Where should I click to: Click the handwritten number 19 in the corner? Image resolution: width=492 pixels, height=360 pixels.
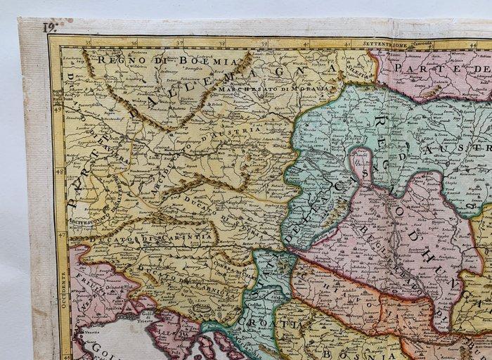48,27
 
